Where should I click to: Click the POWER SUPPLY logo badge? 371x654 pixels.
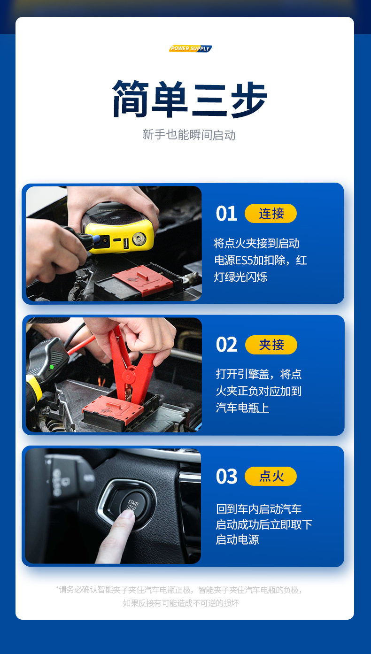(x=191, y=48)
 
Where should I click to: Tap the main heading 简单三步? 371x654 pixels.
(x=190, y=99)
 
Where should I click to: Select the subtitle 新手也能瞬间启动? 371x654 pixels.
(x=189, y=135)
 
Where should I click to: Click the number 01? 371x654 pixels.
(x=226, y=214)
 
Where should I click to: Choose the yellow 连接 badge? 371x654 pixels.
(x=271, y=214)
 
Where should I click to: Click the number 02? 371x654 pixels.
(x=226, y=345)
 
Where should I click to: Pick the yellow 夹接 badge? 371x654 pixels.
(x=271, y=345)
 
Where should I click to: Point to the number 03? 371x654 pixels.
(x=226, y=476)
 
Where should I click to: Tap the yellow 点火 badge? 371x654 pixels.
(x=271, y=476)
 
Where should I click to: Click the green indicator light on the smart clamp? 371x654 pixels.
(x=52, y=367)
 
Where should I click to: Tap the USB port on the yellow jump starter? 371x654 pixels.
(x=126, y=244)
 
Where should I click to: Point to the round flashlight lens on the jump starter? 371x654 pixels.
(x=139, y=239)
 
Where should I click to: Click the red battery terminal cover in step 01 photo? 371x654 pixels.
(x=143, y=280)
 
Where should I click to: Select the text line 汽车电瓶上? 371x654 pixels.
(x=242, y=408)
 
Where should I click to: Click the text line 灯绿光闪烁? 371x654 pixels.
(x=240, y=277)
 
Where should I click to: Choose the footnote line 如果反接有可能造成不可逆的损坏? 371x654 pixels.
(x=181, y=603)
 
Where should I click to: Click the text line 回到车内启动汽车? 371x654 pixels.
(x=259, y=509)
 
